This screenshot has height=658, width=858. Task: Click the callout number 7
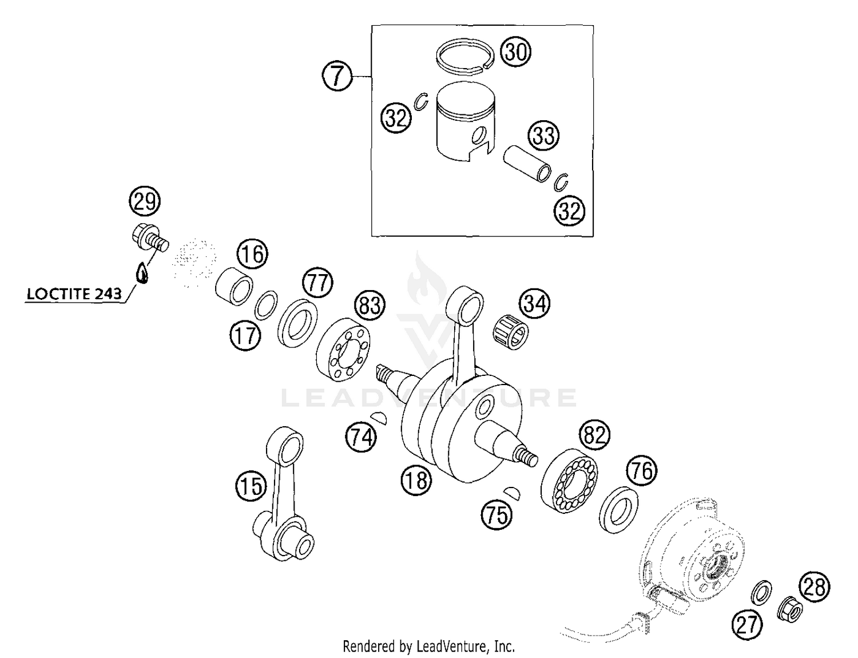coord(337,76)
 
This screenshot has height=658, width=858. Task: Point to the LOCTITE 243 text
coord(74,294)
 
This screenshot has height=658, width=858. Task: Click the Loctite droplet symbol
coord(143,273)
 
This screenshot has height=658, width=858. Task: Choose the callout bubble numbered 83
coord(370,306)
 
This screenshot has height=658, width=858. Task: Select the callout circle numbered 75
coord(496,514)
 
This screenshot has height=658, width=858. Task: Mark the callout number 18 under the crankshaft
coord(416,479)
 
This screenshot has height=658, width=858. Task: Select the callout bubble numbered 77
coord(317,283)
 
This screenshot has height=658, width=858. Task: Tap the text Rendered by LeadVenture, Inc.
coord(428,647)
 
